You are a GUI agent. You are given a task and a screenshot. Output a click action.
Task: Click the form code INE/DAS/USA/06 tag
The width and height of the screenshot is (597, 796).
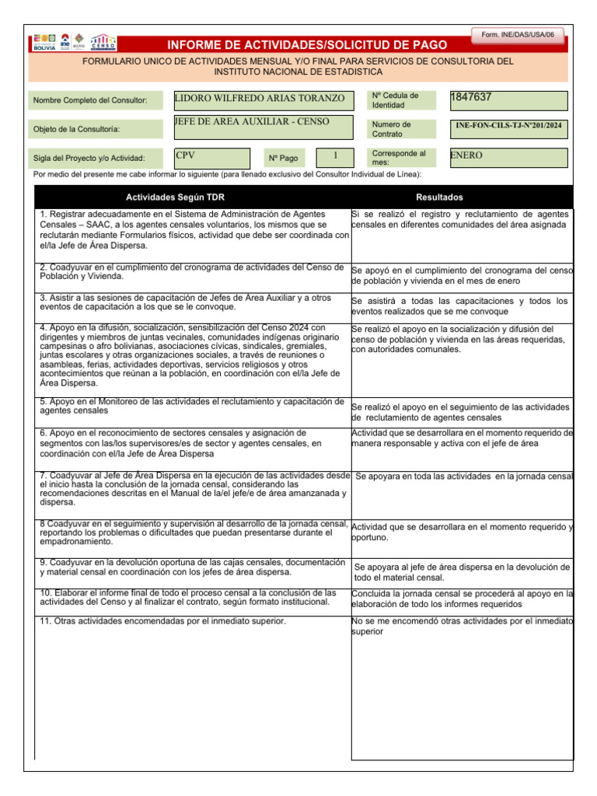518,35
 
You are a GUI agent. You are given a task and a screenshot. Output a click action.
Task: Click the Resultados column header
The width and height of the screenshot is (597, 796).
439,197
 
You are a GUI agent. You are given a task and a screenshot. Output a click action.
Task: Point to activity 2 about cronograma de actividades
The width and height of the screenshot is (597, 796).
190,271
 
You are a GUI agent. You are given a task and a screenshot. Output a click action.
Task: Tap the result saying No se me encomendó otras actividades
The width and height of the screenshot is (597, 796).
462,626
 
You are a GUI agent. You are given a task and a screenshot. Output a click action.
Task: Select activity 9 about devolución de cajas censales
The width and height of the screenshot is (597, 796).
190,567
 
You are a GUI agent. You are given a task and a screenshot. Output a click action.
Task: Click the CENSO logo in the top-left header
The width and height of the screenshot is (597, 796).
103,41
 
